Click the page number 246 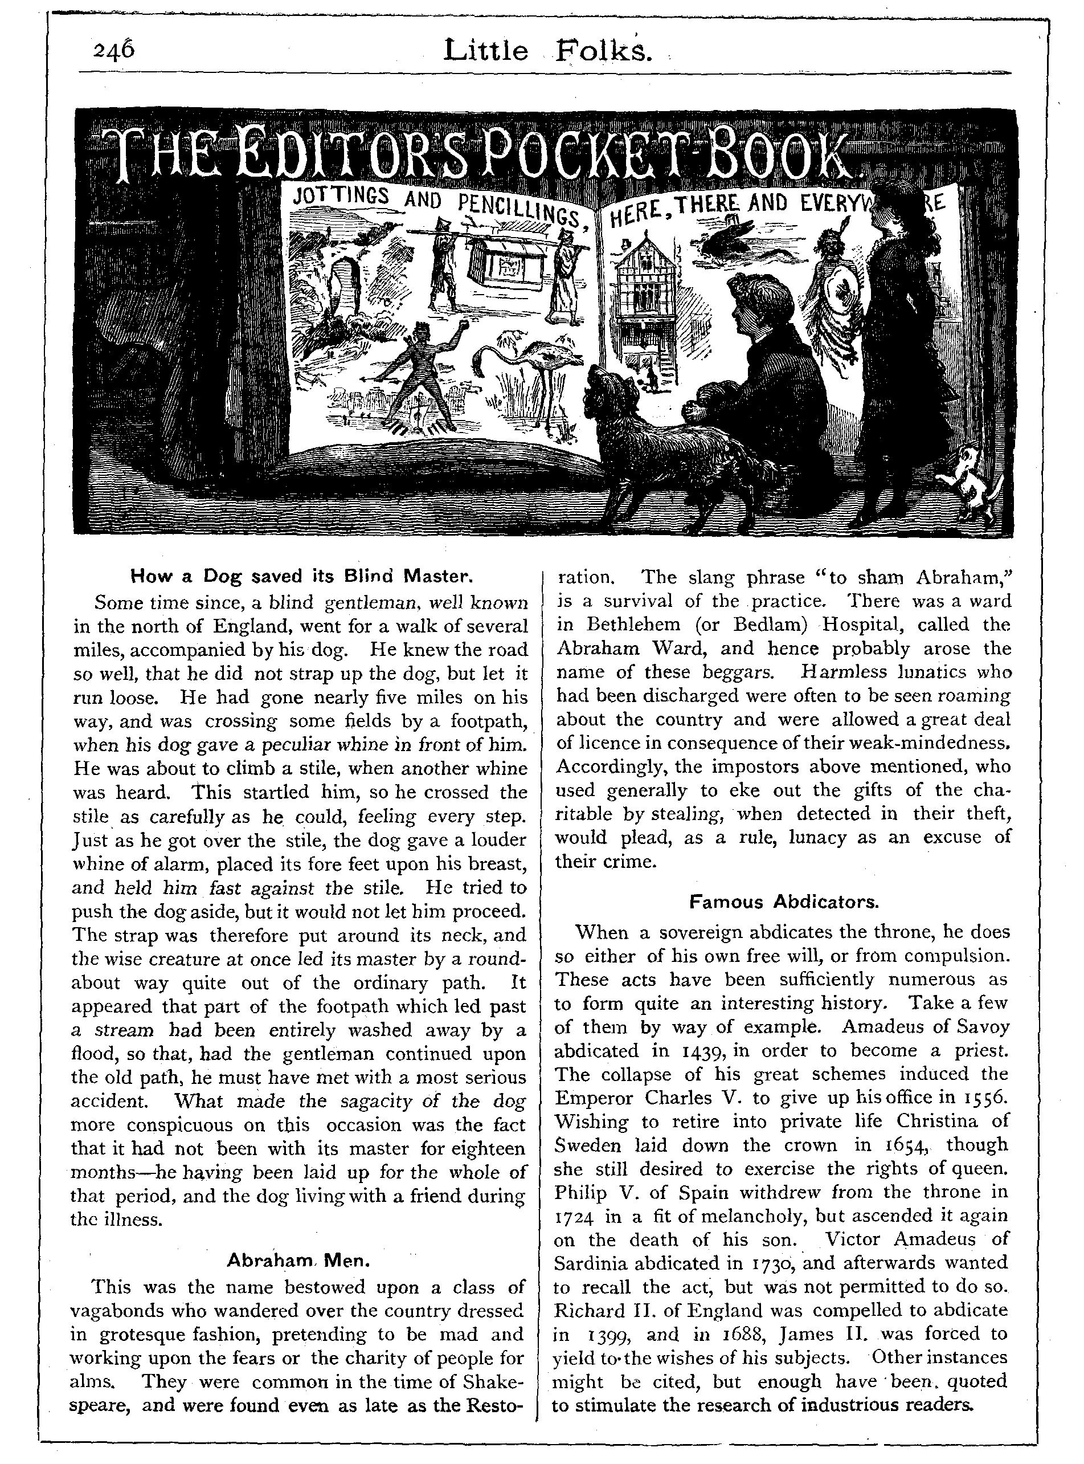point(113,51)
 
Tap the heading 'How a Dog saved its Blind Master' point(302,576)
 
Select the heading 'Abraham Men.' point(299,1260)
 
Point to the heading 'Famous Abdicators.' point(783,902)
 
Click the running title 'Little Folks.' point(548,51)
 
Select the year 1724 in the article point(575,1217)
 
